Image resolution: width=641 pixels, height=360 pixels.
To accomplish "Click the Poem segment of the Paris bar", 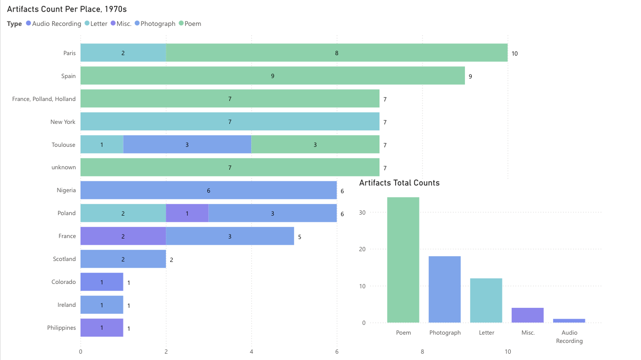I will tap(337, 53).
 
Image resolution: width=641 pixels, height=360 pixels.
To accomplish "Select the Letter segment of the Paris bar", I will tap(123, 53).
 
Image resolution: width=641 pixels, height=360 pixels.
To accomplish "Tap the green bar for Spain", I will tap(272, 76).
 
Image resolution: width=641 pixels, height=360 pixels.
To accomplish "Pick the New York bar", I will tap(230, 121).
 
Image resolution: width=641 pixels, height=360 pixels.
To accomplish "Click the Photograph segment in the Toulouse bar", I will tap(187, 144).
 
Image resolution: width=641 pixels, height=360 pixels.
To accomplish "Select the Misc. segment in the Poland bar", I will tap(187, 213).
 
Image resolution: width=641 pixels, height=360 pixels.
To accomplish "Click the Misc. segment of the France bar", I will tap(123, 236).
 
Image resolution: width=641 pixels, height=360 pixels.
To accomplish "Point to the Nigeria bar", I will tap(208, 190).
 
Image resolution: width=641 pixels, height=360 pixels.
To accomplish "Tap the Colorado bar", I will tap(101, 282).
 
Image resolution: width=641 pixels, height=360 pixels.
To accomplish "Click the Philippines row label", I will tap(61, 328).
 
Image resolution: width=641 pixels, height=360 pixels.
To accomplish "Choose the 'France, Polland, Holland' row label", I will tap(44, 99).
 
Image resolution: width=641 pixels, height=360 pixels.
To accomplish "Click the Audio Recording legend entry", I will tap(54, 23).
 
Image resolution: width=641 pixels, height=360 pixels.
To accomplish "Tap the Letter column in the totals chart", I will tap(486, 300).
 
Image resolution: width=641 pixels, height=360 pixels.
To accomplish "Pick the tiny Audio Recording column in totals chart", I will tap(569, 320).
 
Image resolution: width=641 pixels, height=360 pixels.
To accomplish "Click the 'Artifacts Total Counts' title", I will tap(399, 183).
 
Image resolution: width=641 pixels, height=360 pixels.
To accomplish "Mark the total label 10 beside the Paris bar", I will tap(515, 53).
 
